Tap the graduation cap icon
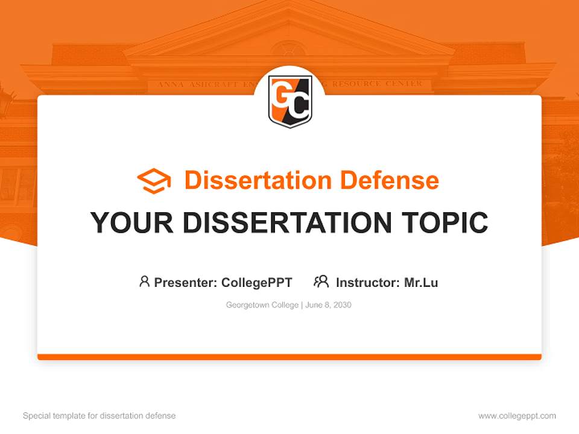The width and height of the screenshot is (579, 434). point(154,181)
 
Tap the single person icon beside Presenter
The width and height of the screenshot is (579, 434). point(144,281)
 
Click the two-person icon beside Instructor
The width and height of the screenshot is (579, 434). point(321,281)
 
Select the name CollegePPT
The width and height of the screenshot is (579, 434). point(257,282)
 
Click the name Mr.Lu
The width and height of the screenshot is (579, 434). point(421,282)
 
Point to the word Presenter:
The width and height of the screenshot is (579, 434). point(186,282)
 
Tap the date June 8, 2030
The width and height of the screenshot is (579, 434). point(328,305)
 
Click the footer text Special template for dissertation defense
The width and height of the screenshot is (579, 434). point(100,416)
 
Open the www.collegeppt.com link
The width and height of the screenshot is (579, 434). point(517,416)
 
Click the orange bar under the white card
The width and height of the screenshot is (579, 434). point(289,357)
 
